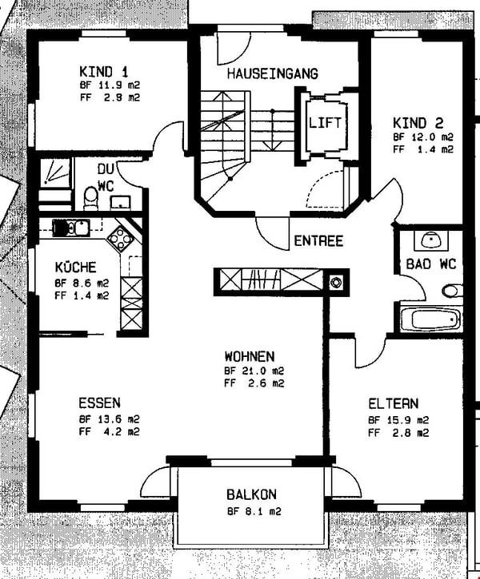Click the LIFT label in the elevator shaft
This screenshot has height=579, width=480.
click(325, 122)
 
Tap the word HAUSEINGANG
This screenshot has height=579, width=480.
click(273, 73)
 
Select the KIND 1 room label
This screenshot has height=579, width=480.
click(104, 71)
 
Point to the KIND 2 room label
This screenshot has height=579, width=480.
click(418, 123)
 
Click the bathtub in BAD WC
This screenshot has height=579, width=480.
click(431, 319)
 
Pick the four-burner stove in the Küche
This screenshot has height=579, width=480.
click(121, 237)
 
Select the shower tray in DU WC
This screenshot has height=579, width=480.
click(54, 172)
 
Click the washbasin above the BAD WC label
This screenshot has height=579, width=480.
click(431, 240)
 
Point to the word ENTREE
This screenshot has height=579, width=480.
click(318, 240)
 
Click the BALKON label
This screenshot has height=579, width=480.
click(251, 494)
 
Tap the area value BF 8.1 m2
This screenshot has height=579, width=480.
click(254, 511)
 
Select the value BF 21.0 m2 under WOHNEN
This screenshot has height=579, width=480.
click(254, 371)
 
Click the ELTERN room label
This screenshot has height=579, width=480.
click(394, 403)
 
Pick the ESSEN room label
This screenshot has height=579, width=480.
click(99, 403)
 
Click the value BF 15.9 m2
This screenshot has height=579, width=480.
click(398, 420)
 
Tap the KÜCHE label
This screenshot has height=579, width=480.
click(76, 267)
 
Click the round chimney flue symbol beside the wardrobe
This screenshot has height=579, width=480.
click(335, 283)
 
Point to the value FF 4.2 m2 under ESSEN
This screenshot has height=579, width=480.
click(109, 431)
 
